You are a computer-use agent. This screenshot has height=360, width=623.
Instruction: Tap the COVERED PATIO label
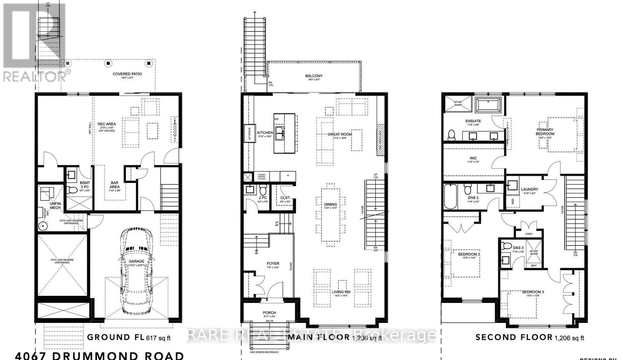tap(127, 74)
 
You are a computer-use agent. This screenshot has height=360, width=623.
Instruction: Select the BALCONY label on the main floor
tap(314, 76)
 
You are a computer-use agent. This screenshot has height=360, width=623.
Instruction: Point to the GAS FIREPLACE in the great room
tap(380, 140)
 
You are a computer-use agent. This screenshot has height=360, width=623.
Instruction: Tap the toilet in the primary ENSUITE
tap(452, 135)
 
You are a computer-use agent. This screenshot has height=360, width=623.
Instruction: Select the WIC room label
tap(473, 158)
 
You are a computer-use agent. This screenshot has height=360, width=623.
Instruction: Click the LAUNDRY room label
tap(530, 190)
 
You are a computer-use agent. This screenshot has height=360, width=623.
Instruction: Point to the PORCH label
tap(269, 313)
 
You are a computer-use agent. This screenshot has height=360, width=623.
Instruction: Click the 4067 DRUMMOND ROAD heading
tap(100, 355)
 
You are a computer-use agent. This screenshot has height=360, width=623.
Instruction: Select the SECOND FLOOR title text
tap(514, 337)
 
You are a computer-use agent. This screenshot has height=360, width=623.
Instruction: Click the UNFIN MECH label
tap(55, 205)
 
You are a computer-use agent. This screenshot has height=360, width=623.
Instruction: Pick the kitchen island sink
tap(280, 130)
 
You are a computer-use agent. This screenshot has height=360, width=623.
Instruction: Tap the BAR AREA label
tap(114, 185)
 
